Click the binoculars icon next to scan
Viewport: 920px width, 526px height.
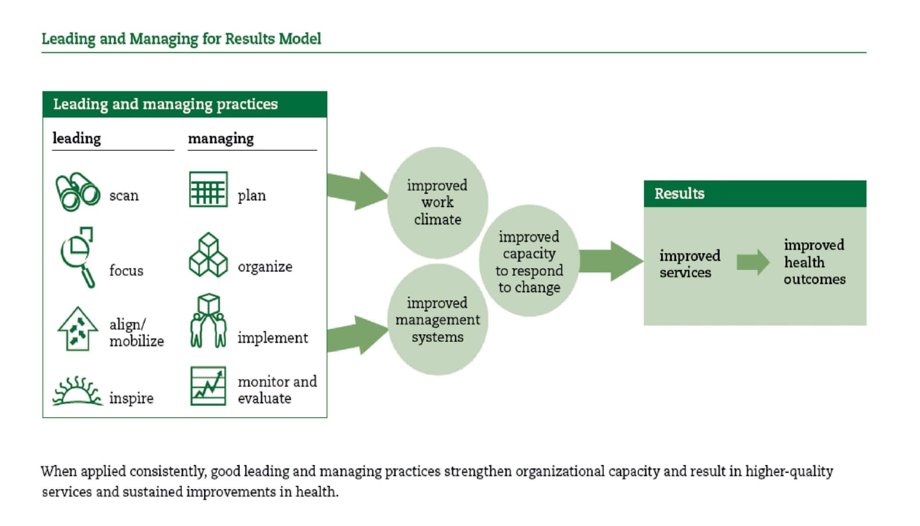[x=78, y=192]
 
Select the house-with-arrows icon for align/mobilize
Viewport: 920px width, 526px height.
[x=78, y=329]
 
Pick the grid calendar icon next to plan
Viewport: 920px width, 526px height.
[x=208, y=189]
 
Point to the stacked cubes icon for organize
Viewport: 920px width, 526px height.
[x=208, y=255]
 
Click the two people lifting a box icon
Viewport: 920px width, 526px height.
[x=208, y=321]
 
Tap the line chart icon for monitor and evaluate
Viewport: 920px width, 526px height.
[x=208, y=386]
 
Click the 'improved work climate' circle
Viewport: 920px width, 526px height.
[x=438, y=203]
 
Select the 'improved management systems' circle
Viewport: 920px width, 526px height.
[x=438, y=320]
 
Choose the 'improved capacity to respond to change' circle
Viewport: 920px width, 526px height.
[x=529, y=261]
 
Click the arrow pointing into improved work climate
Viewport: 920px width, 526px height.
[x=356, y=191]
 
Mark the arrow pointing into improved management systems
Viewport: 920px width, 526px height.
[x=356, y=334]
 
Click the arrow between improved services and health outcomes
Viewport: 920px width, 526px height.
[x=753, y=262]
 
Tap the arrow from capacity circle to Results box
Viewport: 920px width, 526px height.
[x=612, y=261]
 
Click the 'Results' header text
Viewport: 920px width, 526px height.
[x=679, y=193]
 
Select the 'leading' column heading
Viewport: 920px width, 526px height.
[x=76, y=139]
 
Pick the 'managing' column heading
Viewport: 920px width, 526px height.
[x=221, y=139]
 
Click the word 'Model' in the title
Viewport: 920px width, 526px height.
[x=300, y=39]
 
